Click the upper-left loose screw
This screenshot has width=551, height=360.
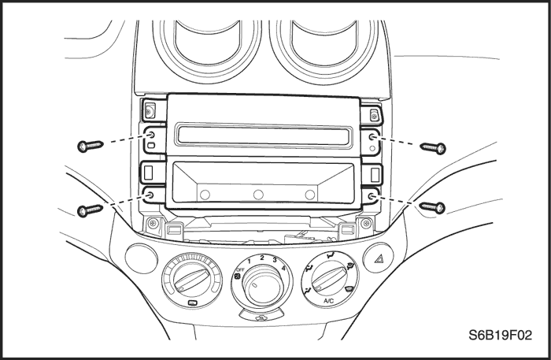[91, 146]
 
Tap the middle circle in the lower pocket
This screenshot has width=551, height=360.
[257, 194]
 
